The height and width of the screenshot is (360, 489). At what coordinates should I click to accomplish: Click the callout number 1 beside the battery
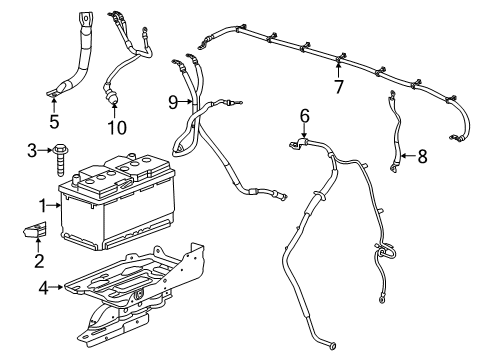(43, 206)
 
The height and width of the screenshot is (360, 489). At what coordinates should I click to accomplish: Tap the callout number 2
(39, 261)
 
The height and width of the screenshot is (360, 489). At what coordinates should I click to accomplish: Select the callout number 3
(32, 151)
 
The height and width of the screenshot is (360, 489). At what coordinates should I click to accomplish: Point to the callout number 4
(44, 288)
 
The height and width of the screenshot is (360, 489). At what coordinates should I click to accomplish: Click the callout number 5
(54, 121)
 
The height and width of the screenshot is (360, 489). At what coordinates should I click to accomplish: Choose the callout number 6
(305, 116)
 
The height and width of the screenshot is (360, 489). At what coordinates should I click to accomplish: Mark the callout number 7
(339, 87)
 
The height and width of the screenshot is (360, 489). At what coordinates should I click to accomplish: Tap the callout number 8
(422, 156)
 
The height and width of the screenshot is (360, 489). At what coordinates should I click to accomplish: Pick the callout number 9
(173, 102)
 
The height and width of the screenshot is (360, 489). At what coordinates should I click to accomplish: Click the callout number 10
(117, 127)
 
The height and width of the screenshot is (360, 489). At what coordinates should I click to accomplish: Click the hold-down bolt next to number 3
(60, 160)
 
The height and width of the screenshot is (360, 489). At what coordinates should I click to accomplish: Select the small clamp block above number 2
(35, 230)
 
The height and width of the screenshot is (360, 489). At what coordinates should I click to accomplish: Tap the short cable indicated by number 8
(395, 132)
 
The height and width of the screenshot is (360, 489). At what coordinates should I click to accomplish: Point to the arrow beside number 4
(56, 287)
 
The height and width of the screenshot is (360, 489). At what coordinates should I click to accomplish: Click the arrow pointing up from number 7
(338, 71)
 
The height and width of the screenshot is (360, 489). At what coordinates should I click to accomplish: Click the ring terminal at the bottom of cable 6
(332, 346)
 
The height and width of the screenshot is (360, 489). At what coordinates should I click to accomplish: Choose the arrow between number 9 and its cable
(186, 102)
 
